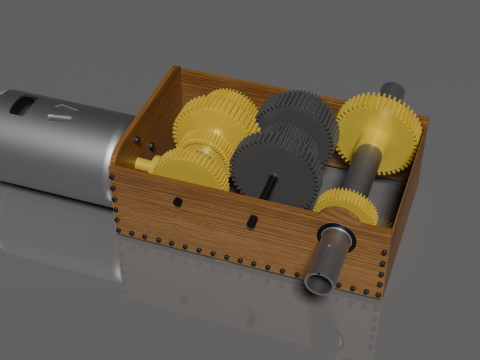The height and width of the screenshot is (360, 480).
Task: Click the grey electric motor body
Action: [60, 150]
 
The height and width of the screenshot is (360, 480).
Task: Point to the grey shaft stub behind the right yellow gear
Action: [392, 91]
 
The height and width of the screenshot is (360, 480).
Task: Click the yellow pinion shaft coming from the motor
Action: [147, 162]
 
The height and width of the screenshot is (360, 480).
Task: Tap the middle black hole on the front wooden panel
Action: [253, 220]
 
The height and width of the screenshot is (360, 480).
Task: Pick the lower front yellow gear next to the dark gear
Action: [195, 165]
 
